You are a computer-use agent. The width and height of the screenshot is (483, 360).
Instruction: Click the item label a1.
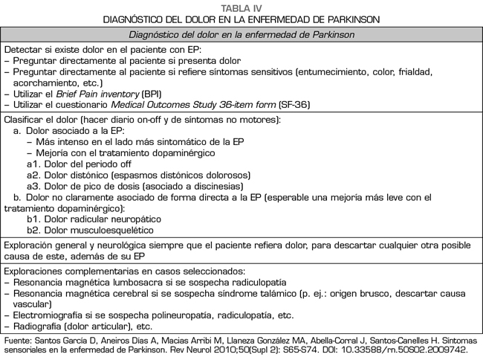coord(33,164)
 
